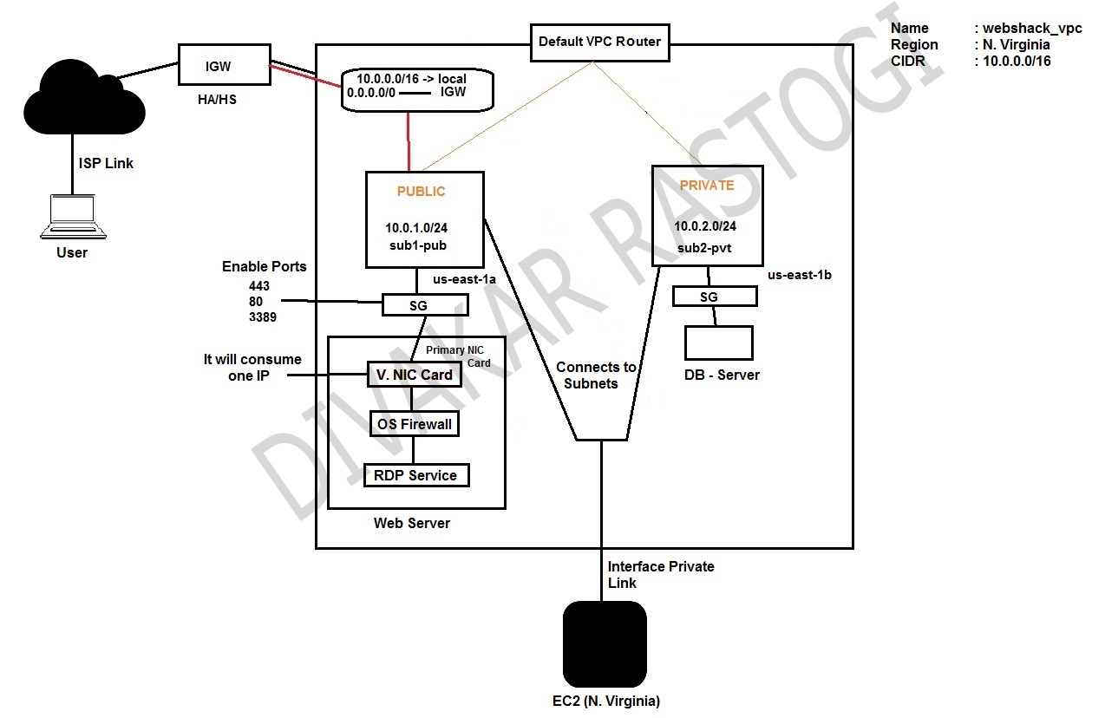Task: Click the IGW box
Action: point(218,65)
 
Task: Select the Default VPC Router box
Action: point(599,42)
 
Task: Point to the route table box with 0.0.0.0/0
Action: point(417,90)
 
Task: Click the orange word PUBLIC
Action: point(422,191)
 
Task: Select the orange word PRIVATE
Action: point(706,186)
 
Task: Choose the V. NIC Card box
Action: point(413,375)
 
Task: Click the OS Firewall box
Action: point(413,424)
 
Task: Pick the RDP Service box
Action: point(415,475)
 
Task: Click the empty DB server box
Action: point(718,343)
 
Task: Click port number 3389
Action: point(261,317)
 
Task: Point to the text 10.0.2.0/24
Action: point(705,225)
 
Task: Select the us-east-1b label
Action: point(800,275)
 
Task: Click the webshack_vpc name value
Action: point(1032,29)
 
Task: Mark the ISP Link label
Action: point(106,163)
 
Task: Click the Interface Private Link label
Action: point(660,574)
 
